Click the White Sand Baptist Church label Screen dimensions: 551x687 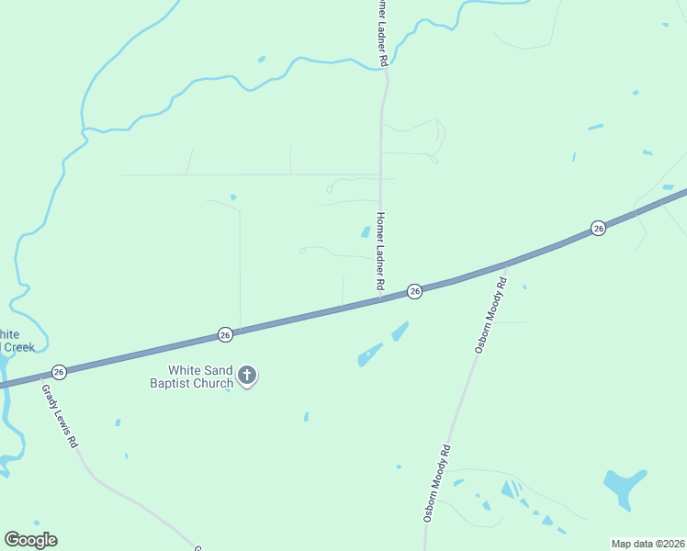(192, 377)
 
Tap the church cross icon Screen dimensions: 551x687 (247, 375)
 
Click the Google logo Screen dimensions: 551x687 (30, 540)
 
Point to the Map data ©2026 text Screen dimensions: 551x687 (648, 544)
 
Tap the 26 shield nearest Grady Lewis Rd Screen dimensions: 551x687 (59, 372)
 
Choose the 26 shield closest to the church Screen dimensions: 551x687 (225, 336)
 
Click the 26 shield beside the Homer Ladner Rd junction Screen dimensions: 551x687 (414, 291)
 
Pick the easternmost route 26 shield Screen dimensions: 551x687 (598, 228)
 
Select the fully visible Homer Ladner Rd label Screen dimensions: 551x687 (378, 253)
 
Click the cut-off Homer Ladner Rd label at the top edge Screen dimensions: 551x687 (379, 32)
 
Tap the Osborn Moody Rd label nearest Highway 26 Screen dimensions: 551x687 (490, 316)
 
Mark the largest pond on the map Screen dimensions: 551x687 (624, 486)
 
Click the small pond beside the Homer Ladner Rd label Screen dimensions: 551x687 (366, 232)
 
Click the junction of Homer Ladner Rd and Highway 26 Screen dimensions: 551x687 (380, 299)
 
